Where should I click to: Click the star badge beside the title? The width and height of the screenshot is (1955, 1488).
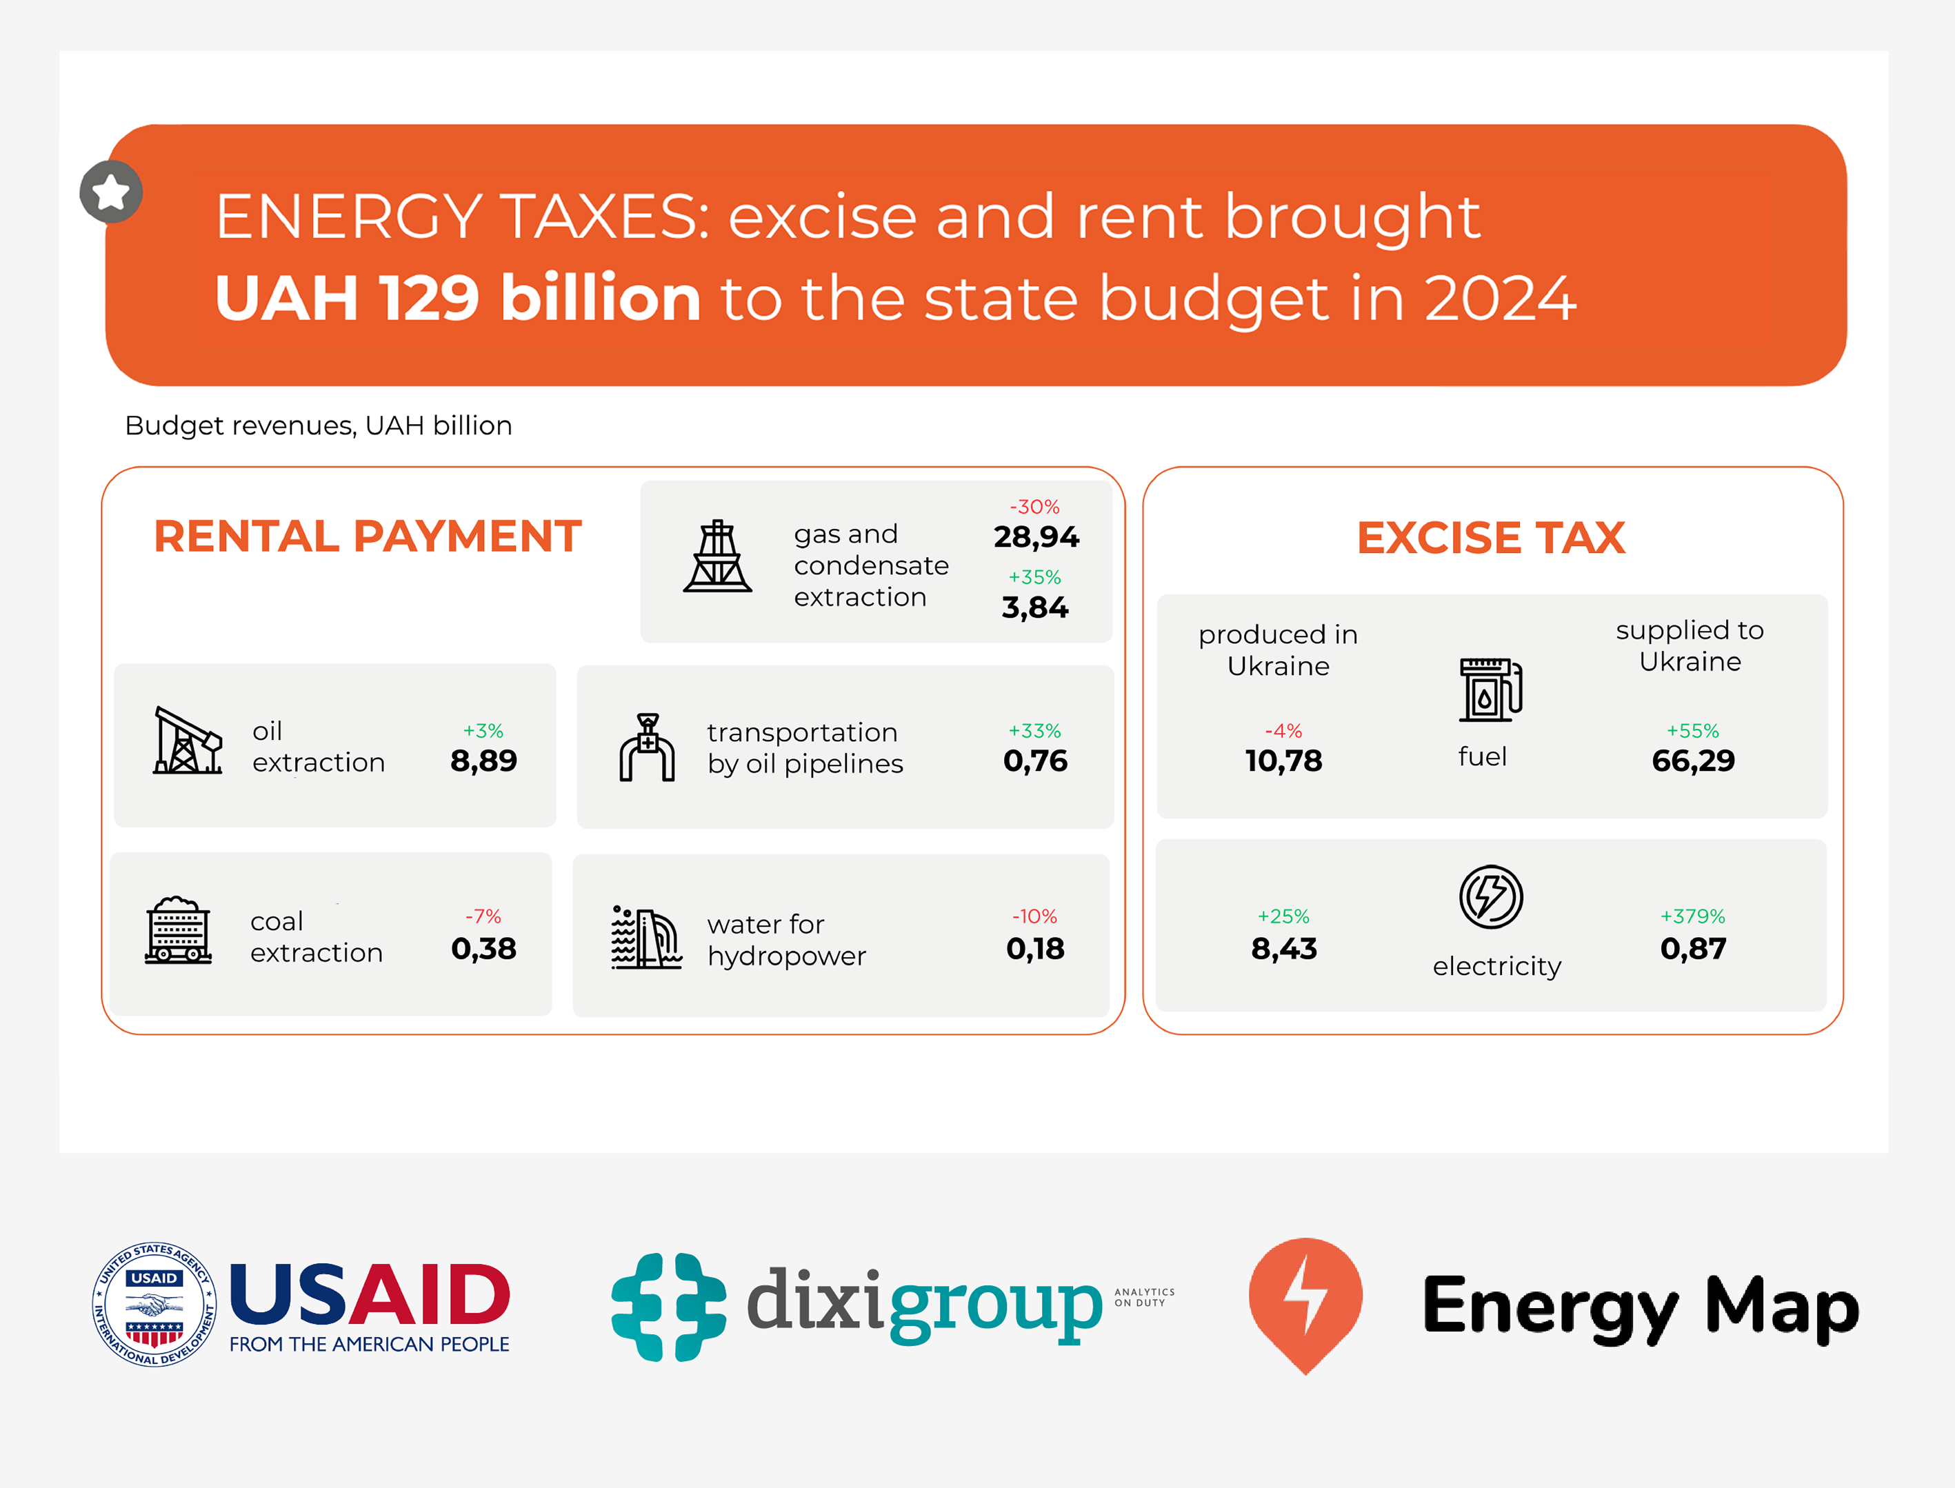click(x=111, y=191)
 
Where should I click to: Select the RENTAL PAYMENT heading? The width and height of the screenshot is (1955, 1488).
click(x=368, y=536)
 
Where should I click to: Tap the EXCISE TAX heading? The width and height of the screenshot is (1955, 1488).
click(x=1491, y=538)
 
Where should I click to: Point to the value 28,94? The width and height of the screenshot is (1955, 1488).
click(x=1036, y=536)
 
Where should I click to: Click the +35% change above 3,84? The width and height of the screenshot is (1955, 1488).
click(x=1034, y=578)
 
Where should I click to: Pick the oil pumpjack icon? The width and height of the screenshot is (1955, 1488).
click(x=187, y=741)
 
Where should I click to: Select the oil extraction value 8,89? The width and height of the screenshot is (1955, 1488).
click(x=483, y=761)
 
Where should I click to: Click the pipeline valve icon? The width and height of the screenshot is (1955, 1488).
click(x=647, y=747)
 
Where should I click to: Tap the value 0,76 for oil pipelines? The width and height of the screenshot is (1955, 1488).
click(x=1034, y=761)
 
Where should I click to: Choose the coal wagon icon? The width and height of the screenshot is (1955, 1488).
click(x=178, y=930)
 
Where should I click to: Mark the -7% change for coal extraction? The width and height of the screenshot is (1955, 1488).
click(x=483, y=916)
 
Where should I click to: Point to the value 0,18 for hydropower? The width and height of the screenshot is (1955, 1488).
click(x=1034, y=949)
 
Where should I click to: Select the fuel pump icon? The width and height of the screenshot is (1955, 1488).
click(x=1490, y=690)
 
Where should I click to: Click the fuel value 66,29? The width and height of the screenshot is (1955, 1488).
click(x=1693, y=761)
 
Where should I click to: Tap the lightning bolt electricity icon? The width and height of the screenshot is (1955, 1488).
click(x=1491, y=896)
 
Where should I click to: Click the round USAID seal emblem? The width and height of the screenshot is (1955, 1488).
click(x=155, y=1304)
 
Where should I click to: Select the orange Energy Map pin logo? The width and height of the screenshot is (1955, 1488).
click(x=1305, y=1302)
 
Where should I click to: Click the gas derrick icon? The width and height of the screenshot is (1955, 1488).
click(x=716, y=556)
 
